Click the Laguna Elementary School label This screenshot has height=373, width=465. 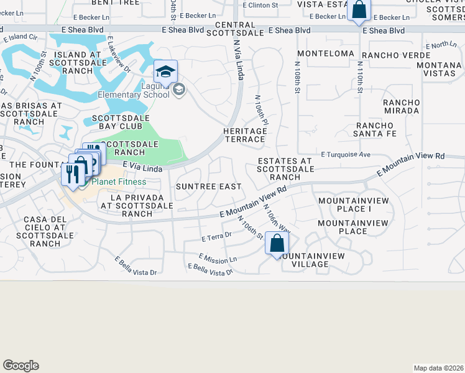coord(134,90)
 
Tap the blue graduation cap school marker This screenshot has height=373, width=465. coord(165,72)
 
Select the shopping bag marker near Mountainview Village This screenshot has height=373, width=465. coord(277,243)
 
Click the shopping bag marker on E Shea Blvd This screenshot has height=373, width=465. coord(359,10)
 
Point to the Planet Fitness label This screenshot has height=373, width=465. coord(119,182)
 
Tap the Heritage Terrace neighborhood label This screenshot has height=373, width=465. coord(245,135)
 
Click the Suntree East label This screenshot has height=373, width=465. coord(208,186)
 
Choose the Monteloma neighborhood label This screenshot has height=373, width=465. coord(326,54)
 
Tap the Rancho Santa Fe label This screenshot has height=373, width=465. coord(375,129)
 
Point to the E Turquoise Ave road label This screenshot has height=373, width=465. coord(346,154)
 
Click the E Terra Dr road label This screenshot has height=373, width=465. coord(216,236)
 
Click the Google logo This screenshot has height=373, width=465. coord(21,366)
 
